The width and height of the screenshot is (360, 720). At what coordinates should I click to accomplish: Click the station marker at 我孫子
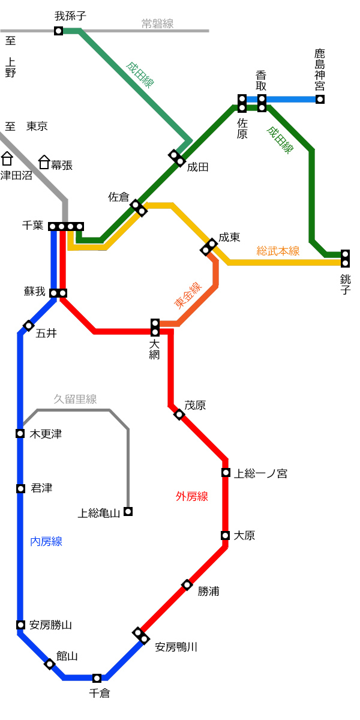(58, 31)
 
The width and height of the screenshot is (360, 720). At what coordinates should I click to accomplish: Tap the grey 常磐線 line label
(157, 23)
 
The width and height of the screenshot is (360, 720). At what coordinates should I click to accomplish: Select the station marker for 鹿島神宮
(320, 99)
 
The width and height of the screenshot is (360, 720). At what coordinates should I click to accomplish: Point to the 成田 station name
(197, 167)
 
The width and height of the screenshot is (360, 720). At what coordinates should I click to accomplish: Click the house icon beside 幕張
(44, 162)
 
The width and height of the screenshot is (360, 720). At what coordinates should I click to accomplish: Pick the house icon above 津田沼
(7, 158)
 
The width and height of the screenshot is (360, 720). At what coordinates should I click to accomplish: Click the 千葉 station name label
(33, 225)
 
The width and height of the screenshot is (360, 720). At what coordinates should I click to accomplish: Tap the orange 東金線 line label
(188, 295)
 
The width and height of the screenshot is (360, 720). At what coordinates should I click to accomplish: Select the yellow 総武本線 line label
(278, 251)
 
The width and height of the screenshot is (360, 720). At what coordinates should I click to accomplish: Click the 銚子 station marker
(345, 259)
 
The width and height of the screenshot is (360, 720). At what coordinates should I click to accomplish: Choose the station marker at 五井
(29, 326)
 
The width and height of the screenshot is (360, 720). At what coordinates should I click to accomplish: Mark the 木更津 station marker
(20, 434)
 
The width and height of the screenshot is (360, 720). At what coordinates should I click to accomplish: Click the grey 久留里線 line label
(75, 399)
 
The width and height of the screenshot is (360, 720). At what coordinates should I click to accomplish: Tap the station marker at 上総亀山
(128, 511)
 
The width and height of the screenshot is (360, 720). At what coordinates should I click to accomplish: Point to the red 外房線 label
(192, 497)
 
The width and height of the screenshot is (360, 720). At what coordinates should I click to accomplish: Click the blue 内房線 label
(46, 542)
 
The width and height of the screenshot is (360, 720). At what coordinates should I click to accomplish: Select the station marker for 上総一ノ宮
(226, 473)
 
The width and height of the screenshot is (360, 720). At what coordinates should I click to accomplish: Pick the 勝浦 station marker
(187, 584)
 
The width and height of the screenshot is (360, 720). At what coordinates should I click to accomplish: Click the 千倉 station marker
(97, 678)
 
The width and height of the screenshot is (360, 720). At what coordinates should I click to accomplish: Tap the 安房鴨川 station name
(176, 647)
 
